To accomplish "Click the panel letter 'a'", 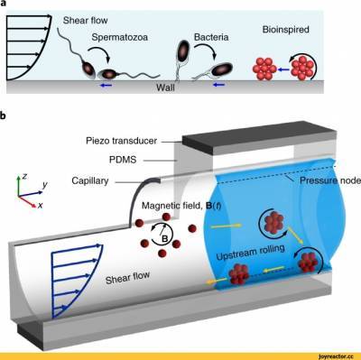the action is tap(3, 4).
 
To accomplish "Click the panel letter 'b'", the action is tap(3, 115).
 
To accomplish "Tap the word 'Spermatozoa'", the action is tap(120, 38).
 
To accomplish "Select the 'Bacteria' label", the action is tap(211, 37).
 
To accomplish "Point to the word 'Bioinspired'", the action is tap(286, 30).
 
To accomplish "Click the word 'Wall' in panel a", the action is tap(165, 88).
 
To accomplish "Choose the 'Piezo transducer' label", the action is tap(121, 141).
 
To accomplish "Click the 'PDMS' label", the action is tap(123, 160).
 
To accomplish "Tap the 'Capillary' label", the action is tap(90, 181).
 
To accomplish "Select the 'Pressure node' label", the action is tap(330, 180).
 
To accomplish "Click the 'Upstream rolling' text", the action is tap(250, 253).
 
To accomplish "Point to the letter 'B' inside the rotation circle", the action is tap(164, 239).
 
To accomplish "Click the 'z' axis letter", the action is tap(24, 177).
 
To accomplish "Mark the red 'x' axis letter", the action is tap(41, 206).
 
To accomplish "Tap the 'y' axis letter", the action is tap(45, 185).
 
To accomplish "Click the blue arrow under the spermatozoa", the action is tap(106, 86).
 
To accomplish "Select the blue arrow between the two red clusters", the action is tap(283, 69).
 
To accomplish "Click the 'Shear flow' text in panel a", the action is tap(85, 21).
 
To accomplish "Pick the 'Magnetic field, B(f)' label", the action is tap(181, 206).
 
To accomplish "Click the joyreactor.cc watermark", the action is tap(335, 356).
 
